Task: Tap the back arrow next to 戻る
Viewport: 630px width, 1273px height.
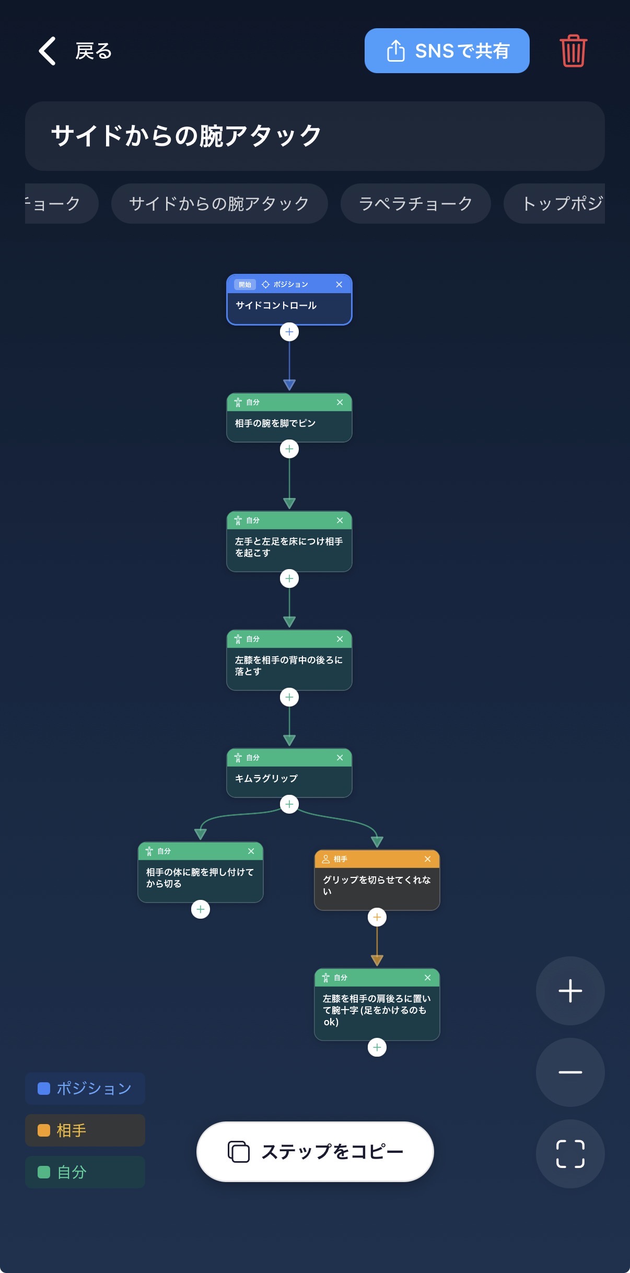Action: point(47,51)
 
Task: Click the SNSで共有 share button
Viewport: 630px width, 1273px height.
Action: point(447,51)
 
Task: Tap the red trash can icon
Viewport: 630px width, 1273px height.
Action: point(574,51)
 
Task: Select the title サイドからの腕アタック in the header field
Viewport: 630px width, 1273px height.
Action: point(186,136)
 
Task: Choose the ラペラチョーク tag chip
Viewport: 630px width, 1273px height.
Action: point(415,203)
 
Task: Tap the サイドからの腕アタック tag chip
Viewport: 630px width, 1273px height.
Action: point(219,203)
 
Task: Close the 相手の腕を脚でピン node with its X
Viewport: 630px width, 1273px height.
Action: point(340,402)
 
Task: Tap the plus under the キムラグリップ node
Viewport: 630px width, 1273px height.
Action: point(289,804)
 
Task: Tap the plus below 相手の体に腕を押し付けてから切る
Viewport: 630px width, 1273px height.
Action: point(201,909)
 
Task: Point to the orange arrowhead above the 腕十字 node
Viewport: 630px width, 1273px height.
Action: point(377,960)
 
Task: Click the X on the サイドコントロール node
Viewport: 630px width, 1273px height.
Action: point(339,284)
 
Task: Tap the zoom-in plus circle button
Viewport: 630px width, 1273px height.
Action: point(570,991)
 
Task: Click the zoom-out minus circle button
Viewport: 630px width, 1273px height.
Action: point(570,1072)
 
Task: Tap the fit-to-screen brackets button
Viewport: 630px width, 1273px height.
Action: point(570,1154)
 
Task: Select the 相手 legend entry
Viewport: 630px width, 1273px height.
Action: point(85,1130)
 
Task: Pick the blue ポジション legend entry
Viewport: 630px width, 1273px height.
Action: point(85,1089)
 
